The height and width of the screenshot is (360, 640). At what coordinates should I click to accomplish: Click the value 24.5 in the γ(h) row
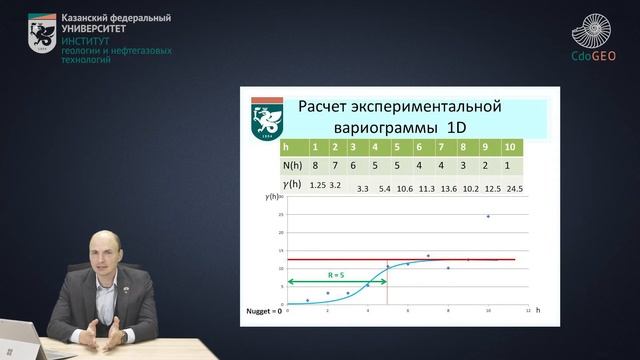point(514,188)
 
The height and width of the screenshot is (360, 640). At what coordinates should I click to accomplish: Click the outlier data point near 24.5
point(488,216)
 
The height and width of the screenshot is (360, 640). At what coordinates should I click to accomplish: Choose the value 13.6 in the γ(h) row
point(449,188)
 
